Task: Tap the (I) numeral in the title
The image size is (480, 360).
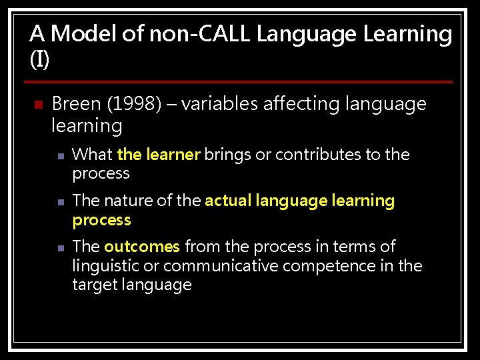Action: (x=39, y=59)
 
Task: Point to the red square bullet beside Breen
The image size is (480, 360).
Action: (x=37, y=105)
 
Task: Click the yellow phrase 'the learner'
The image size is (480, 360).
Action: (x=159, y=155)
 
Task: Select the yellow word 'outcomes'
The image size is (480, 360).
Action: (x=142, y=247)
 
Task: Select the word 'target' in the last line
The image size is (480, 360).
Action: (x=94, y=285)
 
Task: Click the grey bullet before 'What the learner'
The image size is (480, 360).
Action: (x=60, y=156)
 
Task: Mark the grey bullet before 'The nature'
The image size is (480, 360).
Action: (x=60, y=202)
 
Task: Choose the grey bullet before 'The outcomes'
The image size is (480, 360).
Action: (x=60, y=248)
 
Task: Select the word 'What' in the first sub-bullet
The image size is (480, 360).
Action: (x=92, y=155)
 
